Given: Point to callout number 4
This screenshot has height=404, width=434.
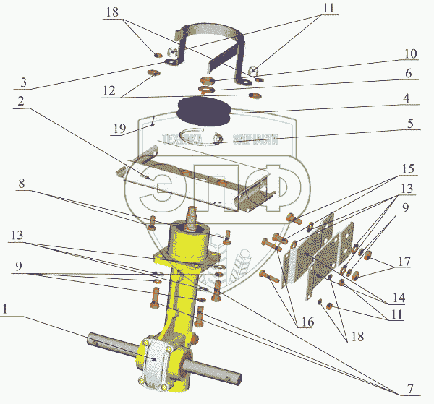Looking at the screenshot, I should (407, 98).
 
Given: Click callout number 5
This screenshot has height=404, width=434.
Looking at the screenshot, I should (409, 124).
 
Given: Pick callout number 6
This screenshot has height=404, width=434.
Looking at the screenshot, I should (408, 74).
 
